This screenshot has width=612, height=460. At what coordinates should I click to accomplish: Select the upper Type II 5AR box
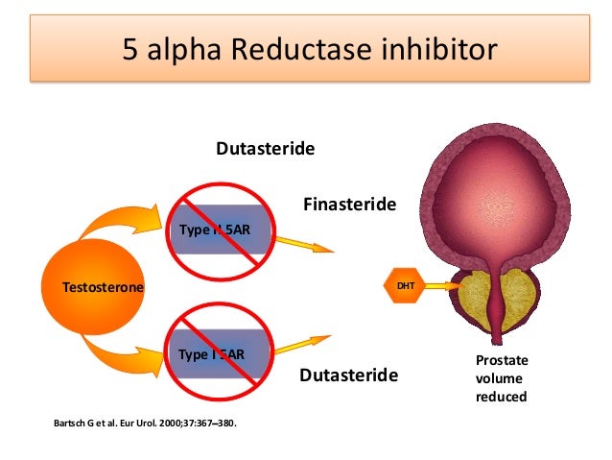(222, 229)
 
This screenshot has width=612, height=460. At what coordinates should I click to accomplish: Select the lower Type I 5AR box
(222, 354)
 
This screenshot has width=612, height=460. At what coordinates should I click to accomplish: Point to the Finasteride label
(349, 204)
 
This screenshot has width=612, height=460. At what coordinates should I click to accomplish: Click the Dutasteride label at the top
(266, 150)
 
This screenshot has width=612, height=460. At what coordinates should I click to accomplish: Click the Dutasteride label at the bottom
(348, 375)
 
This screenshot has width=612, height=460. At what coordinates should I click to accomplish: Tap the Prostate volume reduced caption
(502, 377)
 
